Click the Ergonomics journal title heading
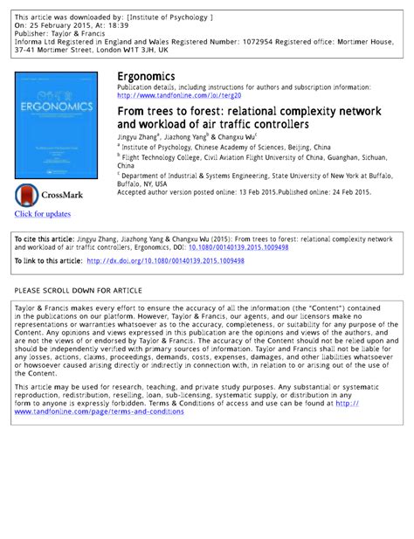(146, 77)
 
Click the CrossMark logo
(52, 195)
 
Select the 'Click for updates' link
(42, 214)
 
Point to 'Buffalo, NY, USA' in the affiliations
(145, 183)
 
